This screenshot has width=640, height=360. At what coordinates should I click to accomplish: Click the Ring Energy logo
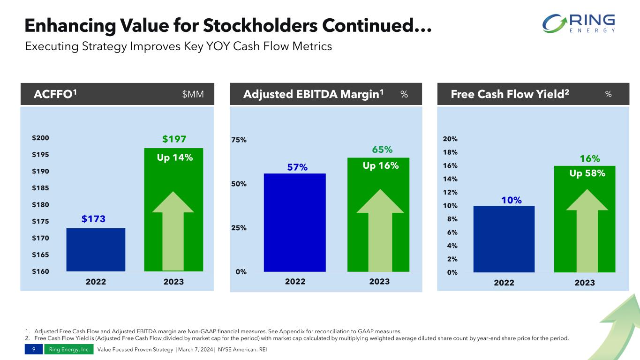(578, 23)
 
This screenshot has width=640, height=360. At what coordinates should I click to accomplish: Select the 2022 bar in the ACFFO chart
(96, 249)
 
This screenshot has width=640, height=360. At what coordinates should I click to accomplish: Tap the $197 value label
(174, 139)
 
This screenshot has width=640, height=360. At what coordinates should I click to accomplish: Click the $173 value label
(94, 219)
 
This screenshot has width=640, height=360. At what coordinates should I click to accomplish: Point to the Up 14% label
(174, 157)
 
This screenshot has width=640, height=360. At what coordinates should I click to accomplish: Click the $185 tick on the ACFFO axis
(41, 188)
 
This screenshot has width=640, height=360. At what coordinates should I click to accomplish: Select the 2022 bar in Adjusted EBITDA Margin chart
(294, 222)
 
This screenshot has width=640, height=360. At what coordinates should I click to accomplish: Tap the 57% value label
(297, 167)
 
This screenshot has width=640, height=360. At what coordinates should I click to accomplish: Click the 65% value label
(382, 150)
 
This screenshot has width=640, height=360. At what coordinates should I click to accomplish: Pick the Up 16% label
(381, 165)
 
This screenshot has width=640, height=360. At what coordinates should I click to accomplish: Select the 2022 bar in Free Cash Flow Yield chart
(504, 239)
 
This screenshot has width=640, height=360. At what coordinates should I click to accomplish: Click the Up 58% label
(587, 173)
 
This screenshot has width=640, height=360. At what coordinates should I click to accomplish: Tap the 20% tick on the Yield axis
(450, 139)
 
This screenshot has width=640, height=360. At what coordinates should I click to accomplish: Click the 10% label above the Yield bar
(511, 200)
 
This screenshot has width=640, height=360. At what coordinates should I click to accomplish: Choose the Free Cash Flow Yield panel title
(510, 94)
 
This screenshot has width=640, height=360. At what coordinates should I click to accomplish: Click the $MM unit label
(193, 94)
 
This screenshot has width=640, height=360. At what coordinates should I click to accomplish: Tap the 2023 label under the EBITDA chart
(379, 282)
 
